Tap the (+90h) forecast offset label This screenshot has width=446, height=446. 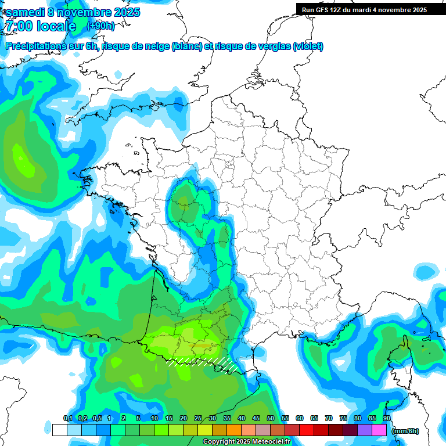click(100, 26)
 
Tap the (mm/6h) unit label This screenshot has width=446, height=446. click(405, 431)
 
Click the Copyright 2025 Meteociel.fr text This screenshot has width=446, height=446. click(246, 442)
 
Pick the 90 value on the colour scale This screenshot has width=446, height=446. click(387, 418)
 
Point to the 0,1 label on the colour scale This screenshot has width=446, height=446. click(68, 418)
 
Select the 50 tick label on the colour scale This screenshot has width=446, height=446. click(271, 418)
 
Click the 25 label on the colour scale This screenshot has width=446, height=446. click(198, 418)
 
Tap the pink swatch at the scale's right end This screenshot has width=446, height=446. click(379, 430)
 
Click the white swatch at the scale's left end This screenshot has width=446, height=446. click(59, 430)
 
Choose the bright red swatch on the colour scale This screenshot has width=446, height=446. click(307, 430)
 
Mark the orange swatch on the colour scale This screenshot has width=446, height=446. click(234, 430)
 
